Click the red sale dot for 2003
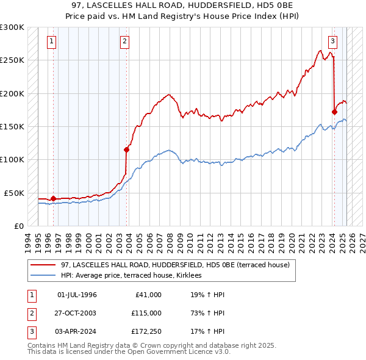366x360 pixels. (x=127, y=149)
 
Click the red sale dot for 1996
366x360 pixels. (x=53, y=198)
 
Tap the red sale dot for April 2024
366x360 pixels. (x=334, y=112)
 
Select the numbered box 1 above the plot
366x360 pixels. (x=51, y=41)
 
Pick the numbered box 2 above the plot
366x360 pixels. (x=124, y=41)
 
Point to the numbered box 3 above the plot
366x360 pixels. (x=332, y=41)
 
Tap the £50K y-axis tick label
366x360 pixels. (x=14, y=193)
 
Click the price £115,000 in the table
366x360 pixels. (x=146, y=313)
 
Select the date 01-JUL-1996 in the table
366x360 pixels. (x=77, y=295)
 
